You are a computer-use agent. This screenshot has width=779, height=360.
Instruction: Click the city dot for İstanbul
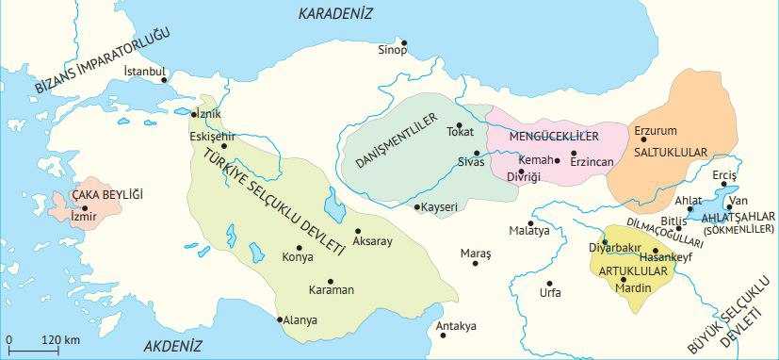[170, 80]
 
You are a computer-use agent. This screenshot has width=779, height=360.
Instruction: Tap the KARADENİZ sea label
[335, 13]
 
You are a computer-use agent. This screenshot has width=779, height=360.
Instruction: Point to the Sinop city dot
[405, 42]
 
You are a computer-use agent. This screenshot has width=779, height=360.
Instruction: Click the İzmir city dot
[85, 208]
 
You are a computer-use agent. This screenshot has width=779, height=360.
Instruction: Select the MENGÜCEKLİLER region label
[554, 137]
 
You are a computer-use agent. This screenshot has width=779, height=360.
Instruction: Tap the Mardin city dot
[623, 280]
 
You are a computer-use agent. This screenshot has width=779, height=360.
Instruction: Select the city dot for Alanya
[280, 319]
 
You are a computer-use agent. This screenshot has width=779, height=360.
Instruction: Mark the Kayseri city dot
[416, 206]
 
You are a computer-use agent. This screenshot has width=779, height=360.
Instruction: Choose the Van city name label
[740, 200]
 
